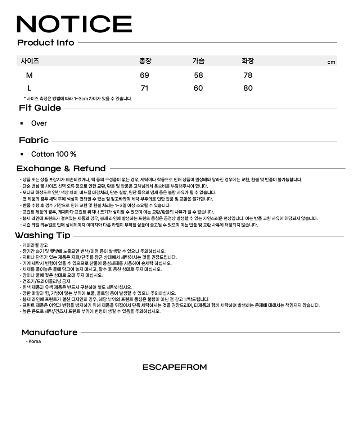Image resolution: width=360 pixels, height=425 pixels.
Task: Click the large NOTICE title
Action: [75, 24]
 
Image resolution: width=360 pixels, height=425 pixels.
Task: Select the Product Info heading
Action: [46, 42]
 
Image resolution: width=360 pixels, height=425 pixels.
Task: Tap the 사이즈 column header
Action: [30, 61]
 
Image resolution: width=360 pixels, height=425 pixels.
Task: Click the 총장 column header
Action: [145, 61]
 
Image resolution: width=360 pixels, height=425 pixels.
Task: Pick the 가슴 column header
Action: [198, 61]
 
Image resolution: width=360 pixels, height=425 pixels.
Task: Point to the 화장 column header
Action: [248, 61]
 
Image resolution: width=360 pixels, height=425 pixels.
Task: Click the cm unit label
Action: [331, 62]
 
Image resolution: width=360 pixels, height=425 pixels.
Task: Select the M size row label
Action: [29, 75]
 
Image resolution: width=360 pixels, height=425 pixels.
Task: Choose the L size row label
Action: [29, 88]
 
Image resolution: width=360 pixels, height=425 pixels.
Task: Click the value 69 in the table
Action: [144, 75]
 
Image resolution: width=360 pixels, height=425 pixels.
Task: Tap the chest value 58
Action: [198, 75]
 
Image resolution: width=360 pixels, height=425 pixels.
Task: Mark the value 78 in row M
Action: [248, 75]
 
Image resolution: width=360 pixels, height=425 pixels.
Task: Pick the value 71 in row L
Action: [144, 88]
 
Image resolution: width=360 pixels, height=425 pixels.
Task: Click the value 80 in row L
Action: [248, 88]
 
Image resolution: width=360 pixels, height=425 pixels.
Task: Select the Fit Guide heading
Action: [40, 108]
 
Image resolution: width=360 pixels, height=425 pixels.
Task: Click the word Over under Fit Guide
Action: [39, 123]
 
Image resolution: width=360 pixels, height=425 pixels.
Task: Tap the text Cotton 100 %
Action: [54, 154]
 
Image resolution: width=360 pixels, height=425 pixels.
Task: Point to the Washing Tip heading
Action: [42, 235]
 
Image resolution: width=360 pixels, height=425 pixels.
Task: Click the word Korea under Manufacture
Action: [35, 342]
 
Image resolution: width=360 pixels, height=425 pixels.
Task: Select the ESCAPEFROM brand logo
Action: [175, 367]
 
